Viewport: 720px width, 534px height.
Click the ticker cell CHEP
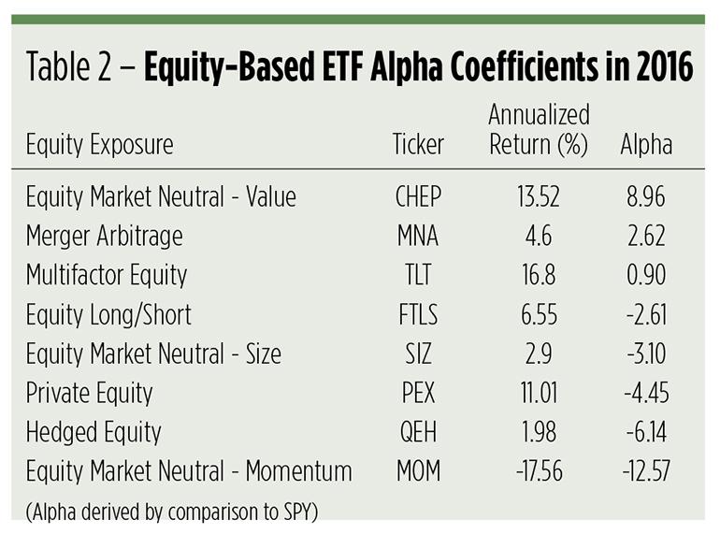point(417,197)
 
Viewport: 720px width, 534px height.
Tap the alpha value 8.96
point(646,197)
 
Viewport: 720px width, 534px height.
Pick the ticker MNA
point(417,237)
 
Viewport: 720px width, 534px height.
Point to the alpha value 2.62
point(646,237)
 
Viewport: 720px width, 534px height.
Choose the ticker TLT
point(417,276)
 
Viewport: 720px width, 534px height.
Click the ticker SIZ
point(417,354)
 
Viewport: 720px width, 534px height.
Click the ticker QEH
point(417,433)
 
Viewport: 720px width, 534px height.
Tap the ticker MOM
point(417,472)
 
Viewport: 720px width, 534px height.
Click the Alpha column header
point(646,146)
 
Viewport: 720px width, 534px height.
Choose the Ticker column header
point(417,146)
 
